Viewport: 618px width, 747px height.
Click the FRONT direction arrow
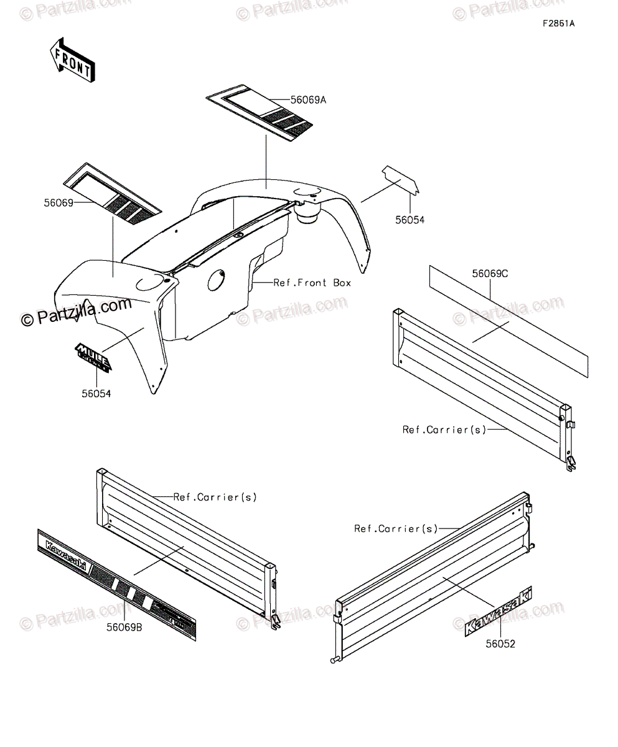coord(72,60)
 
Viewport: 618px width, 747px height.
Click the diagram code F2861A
coord(558,24)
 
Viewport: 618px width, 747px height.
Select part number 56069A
coord(309,100)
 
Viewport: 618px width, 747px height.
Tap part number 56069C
coord(490,273)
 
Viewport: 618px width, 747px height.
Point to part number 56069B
coord(124,627)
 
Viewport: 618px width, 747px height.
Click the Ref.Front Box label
coord(312,283)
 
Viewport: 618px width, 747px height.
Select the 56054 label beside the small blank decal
coord(410,220)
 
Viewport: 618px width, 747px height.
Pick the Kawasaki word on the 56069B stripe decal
coord(65,553)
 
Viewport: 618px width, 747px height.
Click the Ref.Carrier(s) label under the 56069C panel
coord(444,430)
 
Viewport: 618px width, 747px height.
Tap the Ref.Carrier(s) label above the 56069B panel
coord(215,497)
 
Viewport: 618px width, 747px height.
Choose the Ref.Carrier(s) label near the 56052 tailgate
coord(396,529)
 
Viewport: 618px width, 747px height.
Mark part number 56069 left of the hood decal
coord(59,203)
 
